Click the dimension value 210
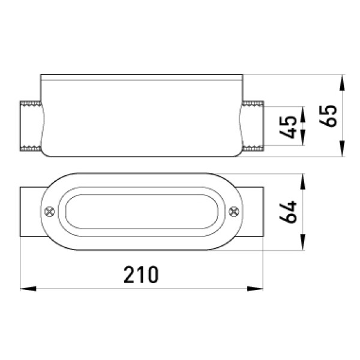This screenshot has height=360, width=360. (141, 275)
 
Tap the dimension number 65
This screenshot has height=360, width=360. (328, 116)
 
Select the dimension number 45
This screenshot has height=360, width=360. (288, 127)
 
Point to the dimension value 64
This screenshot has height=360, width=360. (288, 212)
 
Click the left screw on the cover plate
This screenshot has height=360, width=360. (50, 212)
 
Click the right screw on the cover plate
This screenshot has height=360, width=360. (234, 212)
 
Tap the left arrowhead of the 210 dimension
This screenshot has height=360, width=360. (28, 289)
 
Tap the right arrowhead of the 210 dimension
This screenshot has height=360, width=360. (255, 289)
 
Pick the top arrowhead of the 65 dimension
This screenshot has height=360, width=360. (342, 83)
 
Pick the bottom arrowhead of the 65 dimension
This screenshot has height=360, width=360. (342, 149)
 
